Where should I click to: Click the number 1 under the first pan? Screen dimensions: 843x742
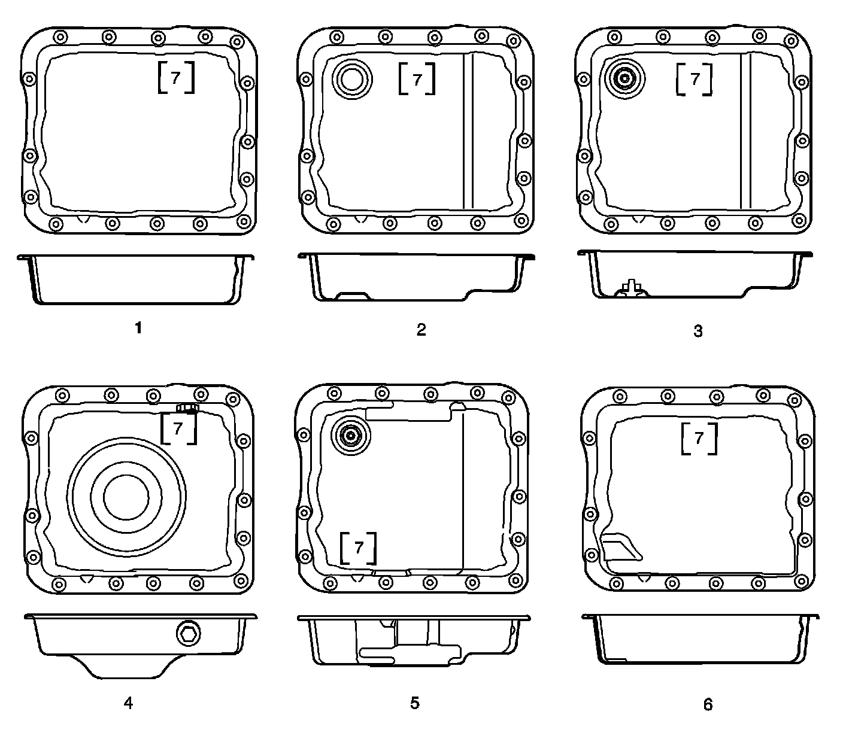tap(138, 328)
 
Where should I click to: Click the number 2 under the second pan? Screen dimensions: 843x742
tap(421, 329)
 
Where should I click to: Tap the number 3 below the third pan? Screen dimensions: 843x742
tap(698, 331)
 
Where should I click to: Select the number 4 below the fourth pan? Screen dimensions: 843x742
tap(128, 703)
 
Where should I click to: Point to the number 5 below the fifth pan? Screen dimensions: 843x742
tap(415, 703)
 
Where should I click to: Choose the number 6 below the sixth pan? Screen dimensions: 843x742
tap(708, 704)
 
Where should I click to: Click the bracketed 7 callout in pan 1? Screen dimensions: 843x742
tap(176, 77)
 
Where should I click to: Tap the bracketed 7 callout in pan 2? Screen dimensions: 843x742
tap(417, 78)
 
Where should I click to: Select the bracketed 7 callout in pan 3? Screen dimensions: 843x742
tap(695, 79)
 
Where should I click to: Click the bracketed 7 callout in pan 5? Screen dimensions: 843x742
tap(359, 548)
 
